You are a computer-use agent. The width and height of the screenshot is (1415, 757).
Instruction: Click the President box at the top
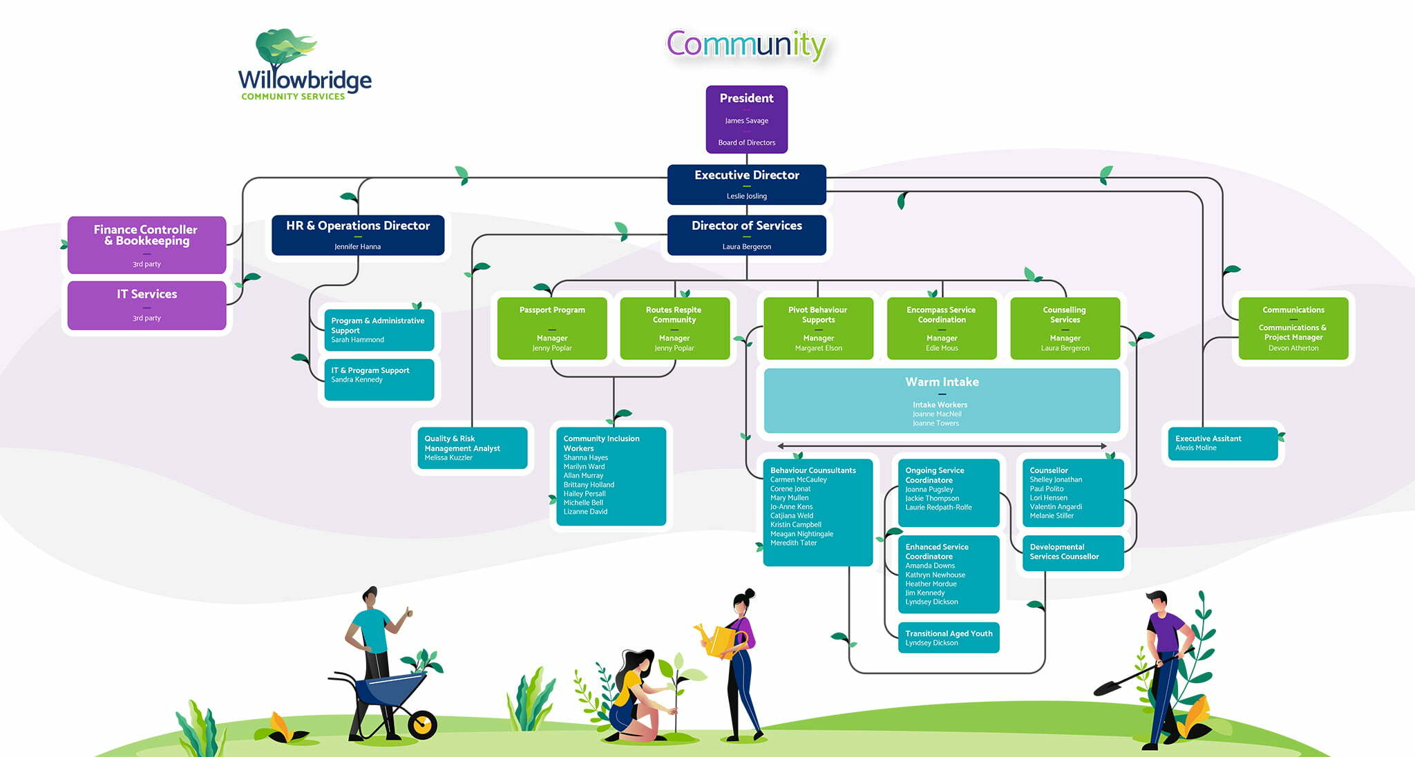(x=746, y=119)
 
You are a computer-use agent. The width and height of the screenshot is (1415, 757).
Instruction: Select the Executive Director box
(x=746, y=184)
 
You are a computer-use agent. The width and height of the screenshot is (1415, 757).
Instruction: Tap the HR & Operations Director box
(x=358, y=235)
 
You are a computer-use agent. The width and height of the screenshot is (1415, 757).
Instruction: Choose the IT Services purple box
(x=146, y=305)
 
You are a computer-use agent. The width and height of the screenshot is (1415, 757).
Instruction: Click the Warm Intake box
(x=942, y=401)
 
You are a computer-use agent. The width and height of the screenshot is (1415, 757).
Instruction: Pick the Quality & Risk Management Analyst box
(x=473, y=448)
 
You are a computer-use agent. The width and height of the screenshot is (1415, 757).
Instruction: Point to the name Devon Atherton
(x=1293, y=348)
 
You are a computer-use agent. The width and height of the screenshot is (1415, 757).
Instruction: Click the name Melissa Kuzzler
(x=448, y=458)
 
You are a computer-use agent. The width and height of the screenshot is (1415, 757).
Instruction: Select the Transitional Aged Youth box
(x=949, y=638)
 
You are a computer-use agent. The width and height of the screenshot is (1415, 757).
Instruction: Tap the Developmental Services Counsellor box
(x=1072, y=553)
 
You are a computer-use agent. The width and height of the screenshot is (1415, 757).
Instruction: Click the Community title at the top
(x=746, y=45)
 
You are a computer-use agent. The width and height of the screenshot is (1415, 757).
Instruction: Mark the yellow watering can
(x=721, y=639)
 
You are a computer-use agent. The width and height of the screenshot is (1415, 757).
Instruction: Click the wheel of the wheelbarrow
(x=422, y=725)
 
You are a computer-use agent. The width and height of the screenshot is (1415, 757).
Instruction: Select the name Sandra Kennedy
(x=357, y=380)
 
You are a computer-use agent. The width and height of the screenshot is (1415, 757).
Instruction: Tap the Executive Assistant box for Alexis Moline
(x=1222, y=443)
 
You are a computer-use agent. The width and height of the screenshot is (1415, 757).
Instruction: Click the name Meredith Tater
(x=793, y=543)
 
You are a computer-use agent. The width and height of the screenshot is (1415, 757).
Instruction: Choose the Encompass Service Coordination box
(x=941, y=328)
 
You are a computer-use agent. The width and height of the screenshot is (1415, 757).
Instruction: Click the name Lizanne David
(x=585, y=512)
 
